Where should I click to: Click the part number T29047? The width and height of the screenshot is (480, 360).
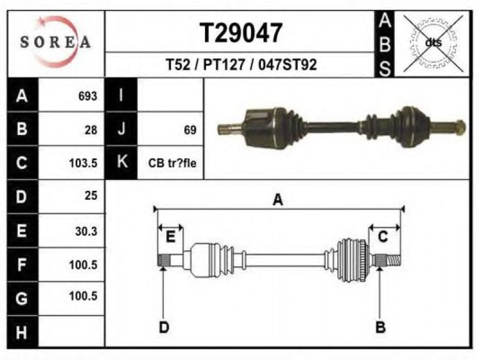click(x=241, y=33)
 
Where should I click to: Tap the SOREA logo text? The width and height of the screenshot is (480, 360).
click(x=55, y=41)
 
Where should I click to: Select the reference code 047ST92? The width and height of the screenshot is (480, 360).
click(x=287, y=65)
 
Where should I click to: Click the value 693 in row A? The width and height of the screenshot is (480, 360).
click(x=88, y=96)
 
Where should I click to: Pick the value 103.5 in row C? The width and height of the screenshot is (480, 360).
click(x=83, y=163)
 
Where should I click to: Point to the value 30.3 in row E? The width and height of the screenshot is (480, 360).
click(x=86, y=231)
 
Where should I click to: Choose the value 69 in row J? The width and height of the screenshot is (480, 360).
click(x=190, y=130)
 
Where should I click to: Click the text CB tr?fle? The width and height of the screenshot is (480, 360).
click(x=172, y=163)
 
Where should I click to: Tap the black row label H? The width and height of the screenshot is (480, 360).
click(x=22, y=332)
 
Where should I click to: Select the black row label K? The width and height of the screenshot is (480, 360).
click(x=121, y=162)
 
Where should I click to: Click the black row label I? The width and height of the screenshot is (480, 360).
click(x=121, y=95)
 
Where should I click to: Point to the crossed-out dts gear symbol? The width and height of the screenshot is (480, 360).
click(x=433, y=43)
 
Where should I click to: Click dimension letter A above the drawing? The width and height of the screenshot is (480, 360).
click(x=278, y=200)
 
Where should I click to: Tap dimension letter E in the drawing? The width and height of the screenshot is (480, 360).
click(x=170, y=237)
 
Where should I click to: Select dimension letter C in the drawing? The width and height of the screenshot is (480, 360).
click(x=383, y=237)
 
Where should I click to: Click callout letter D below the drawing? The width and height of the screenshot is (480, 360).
click(x=164, y=327)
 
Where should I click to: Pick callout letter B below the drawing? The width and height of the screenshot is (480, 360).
click(x=380, y=327)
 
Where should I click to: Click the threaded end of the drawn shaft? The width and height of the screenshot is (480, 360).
click(x=394, y=260)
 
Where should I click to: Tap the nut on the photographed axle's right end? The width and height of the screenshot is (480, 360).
click(x=460, y=127)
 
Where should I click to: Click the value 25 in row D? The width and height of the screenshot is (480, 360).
click(x=91, y=196)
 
